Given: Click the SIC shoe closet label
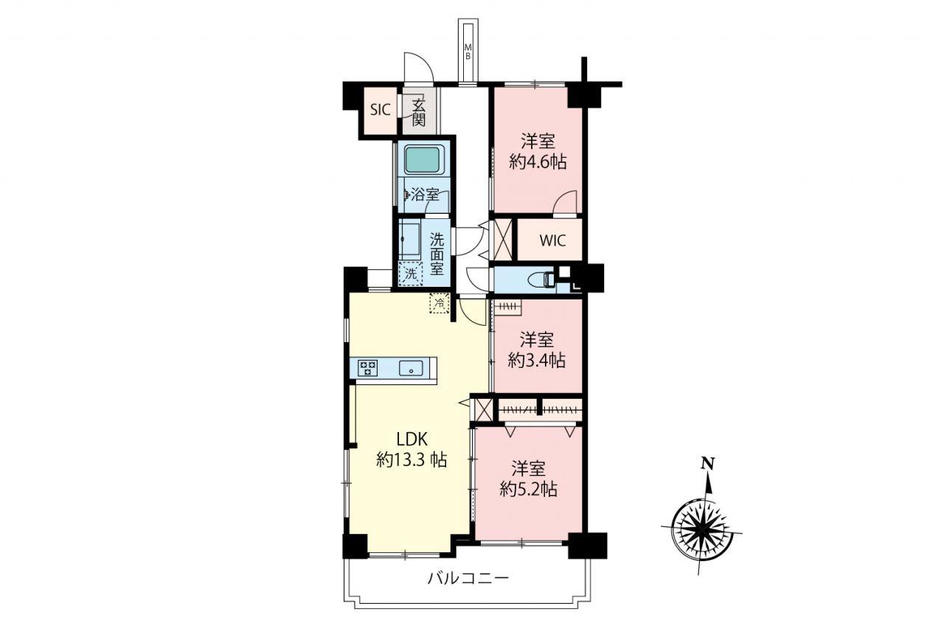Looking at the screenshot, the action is tap(380, 110).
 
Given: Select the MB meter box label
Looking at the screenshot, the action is tap(468, 52).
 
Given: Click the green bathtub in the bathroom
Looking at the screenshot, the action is tap(424, 160).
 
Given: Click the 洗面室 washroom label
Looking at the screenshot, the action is tap(437, 254).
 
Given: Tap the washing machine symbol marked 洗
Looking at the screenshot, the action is tap(411, 274).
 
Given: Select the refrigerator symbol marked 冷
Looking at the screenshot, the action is tap(439, 302).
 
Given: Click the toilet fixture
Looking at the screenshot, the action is tap(544, 279).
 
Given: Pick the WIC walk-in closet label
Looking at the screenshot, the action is tap(552, 240).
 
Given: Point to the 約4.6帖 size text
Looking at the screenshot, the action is tap(538, 161).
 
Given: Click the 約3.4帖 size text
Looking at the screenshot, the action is tap(536, 360).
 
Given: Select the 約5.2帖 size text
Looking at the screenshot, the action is tap(529, 489).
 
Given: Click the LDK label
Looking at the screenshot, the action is tap(412, 439).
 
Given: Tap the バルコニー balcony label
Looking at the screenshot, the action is tap(468, 578).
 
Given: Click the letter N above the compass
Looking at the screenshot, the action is tap(707, 464).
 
